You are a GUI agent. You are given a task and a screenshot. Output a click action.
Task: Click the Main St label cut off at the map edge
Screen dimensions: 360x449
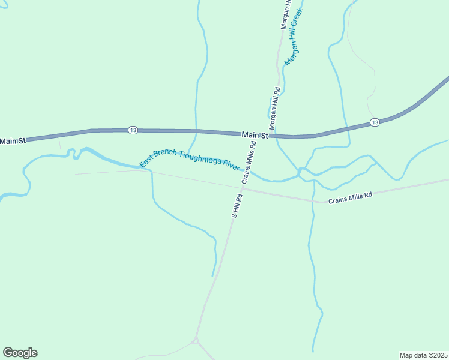click(13, 141)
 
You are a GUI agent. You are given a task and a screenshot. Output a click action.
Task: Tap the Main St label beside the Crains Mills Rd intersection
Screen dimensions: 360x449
click(255, 136)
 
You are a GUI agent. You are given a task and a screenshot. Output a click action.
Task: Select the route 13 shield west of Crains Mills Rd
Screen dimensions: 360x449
click(133, 130)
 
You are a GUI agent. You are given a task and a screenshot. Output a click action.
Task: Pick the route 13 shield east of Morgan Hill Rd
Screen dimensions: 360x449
click(375, 122)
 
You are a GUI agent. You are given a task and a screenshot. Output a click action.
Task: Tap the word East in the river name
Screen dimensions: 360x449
click(146, 161)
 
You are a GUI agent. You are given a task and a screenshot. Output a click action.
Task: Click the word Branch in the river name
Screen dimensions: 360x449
click(164, 154)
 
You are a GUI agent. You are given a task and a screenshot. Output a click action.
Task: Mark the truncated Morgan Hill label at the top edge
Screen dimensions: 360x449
click(285, 15)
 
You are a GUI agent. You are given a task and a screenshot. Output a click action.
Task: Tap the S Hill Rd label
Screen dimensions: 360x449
click(237, 205)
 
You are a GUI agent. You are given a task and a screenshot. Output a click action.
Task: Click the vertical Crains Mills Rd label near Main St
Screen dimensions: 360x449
click(249, 162)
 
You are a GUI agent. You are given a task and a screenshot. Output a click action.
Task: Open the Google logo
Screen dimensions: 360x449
click(20, 353)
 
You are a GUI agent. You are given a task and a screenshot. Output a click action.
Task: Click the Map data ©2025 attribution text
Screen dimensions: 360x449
click(423, 355)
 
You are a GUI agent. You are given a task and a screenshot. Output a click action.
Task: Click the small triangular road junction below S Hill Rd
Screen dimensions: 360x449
click(196, 341)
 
